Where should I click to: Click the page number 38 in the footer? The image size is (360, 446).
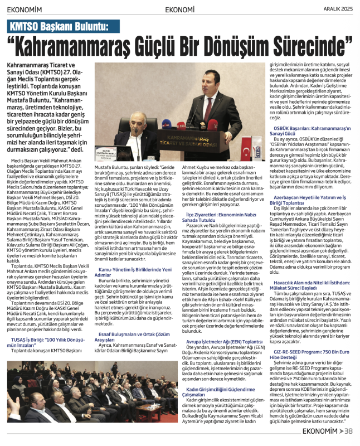pos(348,431)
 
